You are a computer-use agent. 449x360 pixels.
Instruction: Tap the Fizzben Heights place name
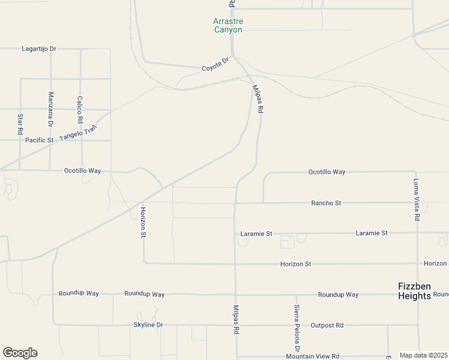[414, 291]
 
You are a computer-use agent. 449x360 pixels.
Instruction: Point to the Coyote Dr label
[216, 64]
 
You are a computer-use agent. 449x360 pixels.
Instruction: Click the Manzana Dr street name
[51, 109]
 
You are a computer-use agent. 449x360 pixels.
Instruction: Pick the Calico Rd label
[80, 110]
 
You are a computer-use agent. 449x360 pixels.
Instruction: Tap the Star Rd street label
[20, 124]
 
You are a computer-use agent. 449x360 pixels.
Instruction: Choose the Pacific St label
[40, 140]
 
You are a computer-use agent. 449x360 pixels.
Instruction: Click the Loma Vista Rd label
[416, 200]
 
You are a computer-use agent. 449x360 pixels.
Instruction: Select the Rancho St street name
[326, 203]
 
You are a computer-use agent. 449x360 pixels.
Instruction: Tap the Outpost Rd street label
[327, 325]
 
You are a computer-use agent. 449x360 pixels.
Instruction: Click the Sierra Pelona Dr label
[297, 328]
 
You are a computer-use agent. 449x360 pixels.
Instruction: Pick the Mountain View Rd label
[313, 356]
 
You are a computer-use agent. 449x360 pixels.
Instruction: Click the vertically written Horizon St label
[143, 222]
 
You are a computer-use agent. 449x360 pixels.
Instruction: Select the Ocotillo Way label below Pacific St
[83, 170]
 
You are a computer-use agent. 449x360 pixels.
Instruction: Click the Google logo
[20, 353]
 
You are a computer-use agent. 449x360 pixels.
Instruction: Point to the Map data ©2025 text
[423, 355]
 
